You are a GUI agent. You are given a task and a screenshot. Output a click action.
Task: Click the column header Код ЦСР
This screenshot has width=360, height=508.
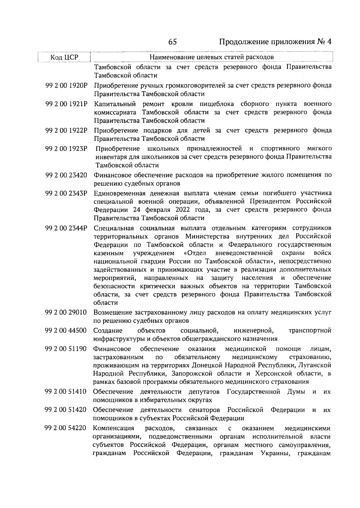click(64, 57)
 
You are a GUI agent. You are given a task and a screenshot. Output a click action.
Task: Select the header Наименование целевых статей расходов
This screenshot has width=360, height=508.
click(211, 57)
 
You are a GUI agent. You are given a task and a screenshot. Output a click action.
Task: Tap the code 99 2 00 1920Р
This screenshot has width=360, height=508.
click(66, 85)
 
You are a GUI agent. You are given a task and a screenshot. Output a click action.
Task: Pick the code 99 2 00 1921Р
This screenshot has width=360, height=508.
click(66, 104)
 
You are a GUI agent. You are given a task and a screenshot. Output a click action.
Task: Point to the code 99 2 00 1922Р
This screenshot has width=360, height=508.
click(66, 130)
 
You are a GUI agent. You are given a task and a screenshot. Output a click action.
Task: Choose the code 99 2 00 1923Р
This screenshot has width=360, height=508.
click(66, 148)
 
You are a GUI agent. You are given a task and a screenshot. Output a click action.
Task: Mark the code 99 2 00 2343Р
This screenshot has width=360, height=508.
click(66, 193)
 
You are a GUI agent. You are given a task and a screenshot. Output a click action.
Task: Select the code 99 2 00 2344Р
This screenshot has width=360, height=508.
click(66, 228)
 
